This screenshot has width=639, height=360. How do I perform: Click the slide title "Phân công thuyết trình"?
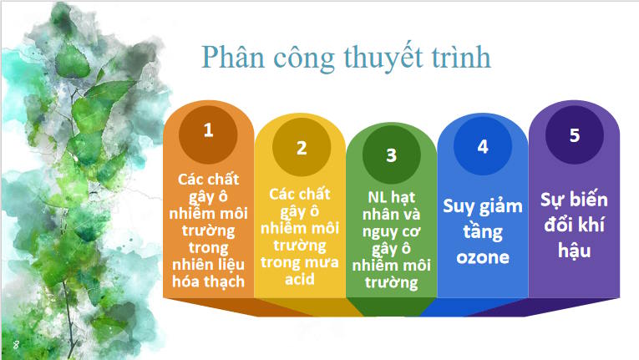[x=345, y=58]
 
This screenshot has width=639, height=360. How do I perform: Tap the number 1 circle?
[x=208, y=130]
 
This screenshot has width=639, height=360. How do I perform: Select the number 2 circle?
[x=302, y=149]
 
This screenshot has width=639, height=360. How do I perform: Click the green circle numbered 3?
[x=391, y=156]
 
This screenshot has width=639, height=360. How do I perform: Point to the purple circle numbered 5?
[x=574, y=135]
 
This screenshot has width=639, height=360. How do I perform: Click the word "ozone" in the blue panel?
[x=482, y=256]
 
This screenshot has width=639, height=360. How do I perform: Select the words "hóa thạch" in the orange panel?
[x=210, y=281]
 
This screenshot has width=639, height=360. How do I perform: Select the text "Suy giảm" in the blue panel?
[x=482, y=206]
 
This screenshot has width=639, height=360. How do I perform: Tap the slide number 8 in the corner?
[x=16, y=344]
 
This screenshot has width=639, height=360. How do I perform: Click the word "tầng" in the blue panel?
[x=482, y=231]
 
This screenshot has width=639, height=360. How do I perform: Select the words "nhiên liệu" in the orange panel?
[x=210, y=264]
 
